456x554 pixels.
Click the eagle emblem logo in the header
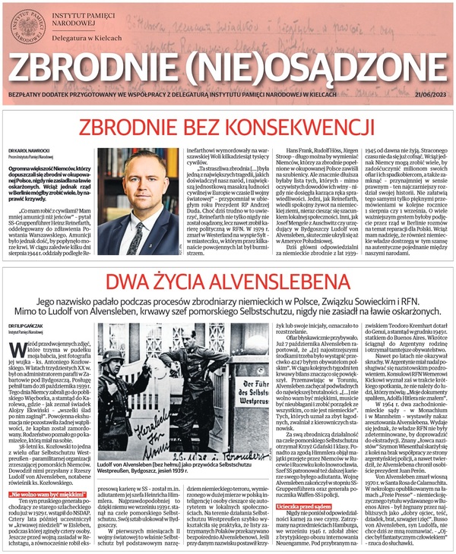click(29, 26)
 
